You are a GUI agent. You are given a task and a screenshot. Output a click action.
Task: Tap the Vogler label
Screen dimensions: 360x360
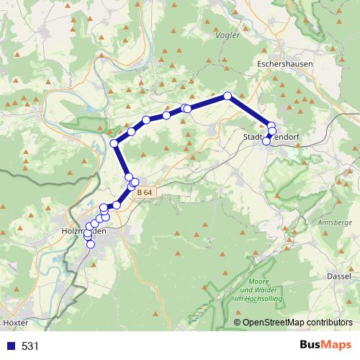click(x=226, y=35)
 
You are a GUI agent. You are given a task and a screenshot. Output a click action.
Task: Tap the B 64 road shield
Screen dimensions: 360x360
click(x=144, y=192)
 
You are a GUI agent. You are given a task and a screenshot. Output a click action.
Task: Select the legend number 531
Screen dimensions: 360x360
click(x=30, y=346)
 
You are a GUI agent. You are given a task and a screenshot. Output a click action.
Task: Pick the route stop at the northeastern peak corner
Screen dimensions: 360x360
click(x=228, y=96)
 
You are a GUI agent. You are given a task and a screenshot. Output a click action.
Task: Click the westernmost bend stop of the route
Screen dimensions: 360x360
click(x=114, y=143)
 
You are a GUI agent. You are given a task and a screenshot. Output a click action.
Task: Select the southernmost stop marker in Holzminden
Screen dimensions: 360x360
click(x=91, y=244)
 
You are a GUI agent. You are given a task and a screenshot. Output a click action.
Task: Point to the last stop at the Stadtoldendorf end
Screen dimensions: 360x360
click(x=266, y=141)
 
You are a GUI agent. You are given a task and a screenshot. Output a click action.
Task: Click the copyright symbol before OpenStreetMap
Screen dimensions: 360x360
click(x=238, y=323)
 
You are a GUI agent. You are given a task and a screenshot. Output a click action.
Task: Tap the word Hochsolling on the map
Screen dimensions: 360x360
click(x=258, y=297)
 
